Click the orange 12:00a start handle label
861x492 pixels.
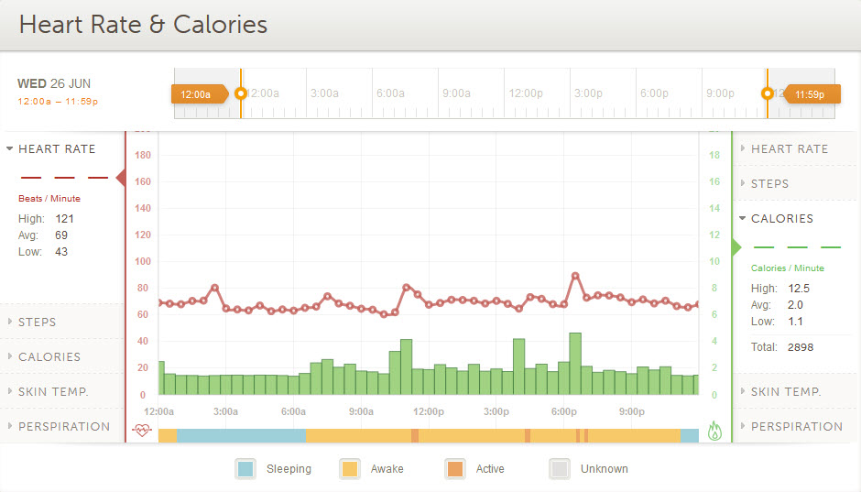(196, 93)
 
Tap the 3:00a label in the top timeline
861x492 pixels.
(324, 93)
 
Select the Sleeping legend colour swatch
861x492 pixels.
(245, 469)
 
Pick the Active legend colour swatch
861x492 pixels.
(455, 469)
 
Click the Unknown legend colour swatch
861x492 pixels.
(560, 469)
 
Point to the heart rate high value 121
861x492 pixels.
(64, 219)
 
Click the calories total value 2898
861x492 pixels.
(800, 347)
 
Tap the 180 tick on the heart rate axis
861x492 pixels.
(142, 155)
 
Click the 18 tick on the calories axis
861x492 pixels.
(714, 155)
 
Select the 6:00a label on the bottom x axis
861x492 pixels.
(293, 412)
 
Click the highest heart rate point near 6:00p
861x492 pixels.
(575, 275)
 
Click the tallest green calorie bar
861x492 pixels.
(575, 364)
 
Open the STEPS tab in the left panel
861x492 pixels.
(38, 323)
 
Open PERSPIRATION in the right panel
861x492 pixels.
(796, 427)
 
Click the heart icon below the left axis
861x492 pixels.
(142, 430)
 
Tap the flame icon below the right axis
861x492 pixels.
(715, 432)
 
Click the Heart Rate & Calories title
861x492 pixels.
(144, 25)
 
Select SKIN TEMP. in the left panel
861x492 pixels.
(53, 392)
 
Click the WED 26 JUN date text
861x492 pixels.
(54, 84)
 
